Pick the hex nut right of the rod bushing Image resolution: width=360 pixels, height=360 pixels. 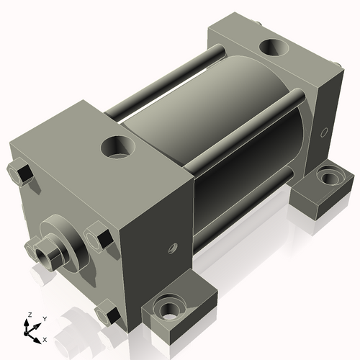tap(99, 238)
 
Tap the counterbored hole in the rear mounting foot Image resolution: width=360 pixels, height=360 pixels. tap(330, 176)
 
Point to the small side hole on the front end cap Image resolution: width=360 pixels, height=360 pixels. tap(171, 248)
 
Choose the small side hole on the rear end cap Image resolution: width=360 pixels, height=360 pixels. tap(324, 132)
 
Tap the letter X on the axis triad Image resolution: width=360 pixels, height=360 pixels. tap(45, 338)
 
